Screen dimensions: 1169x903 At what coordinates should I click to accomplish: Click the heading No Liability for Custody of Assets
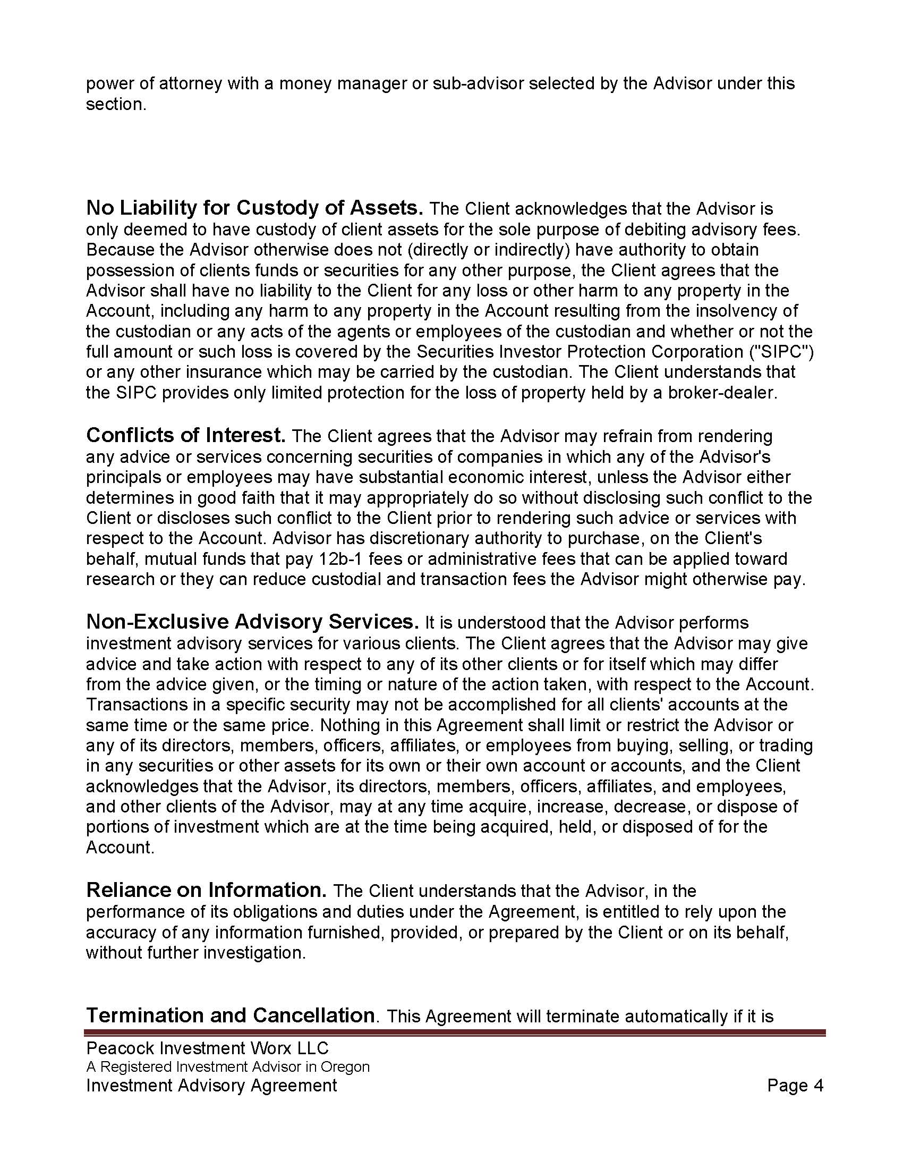pyautogui.click(x=254, y=208)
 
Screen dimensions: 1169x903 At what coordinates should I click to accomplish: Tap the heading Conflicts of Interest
pyautogui.click(x=185, y=435)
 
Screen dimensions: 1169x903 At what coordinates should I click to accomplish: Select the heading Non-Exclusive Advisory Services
pyautogui.click(x=252, y=622)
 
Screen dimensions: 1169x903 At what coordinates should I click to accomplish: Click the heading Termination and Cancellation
pyautogui.click(x=231, y=1015)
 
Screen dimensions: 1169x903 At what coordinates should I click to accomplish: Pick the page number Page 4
pyautogui.click(x=795, y=1086)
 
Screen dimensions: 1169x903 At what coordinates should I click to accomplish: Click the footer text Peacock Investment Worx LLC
pyautogui.click(x=207, y=1048)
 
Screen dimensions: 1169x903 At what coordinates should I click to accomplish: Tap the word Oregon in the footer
pyautogui.click(x=345, y=1067)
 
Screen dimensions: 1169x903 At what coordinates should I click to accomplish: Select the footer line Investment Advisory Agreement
pyautogui.click(x=211, y=1086)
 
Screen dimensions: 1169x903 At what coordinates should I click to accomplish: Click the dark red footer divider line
pyautogui.click(x=455, y=1032)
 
